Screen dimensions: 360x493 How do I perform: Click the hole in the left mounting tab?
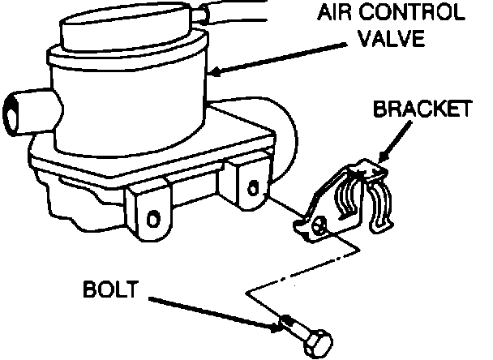tap(152, 218)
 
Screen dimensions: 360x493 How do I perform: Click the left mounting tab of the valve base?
tap(150, 212)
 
